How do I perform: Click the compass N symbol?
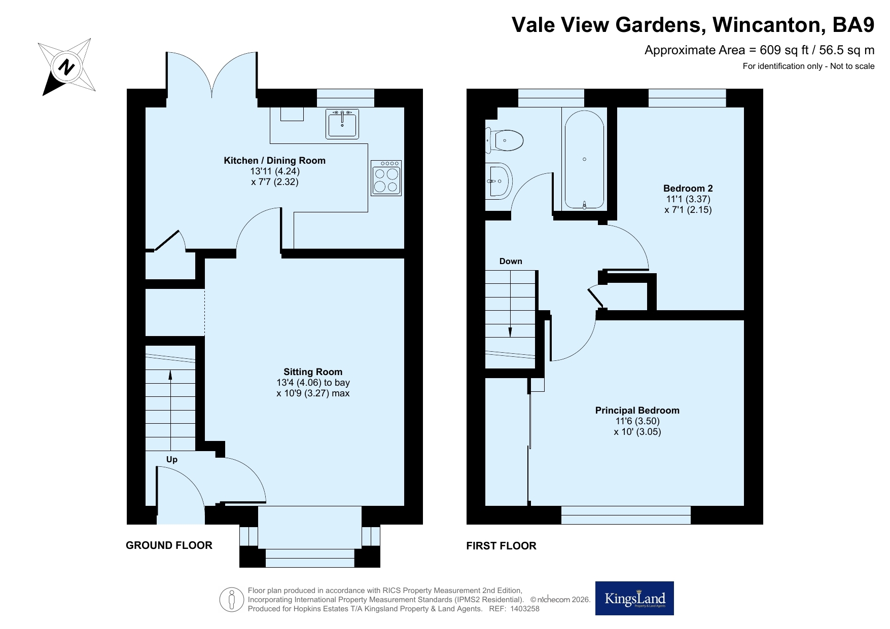[x=66, y=67]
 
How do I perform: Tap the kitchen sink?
[x=342, y=124]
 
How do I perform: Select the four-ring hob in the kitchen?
[x=386, y=178]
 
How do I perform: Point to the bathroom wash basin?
[x=499, y=180]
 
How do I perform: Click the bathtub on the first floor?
[x=584, y=160]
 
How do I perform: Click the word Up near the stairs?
[x=172, y=460]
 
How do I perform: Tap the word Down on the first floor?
[x=511, y=262]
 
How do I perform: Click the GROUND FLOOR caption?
[x=169, y=545]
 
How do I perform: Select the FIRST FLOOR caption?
[x=501, y=546]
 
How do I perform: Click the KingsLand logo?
[x=634, y=599]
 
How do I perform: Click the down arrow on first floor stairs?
[x=510, y=304]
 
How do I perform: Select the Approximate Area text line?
[x=759, y=50]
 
